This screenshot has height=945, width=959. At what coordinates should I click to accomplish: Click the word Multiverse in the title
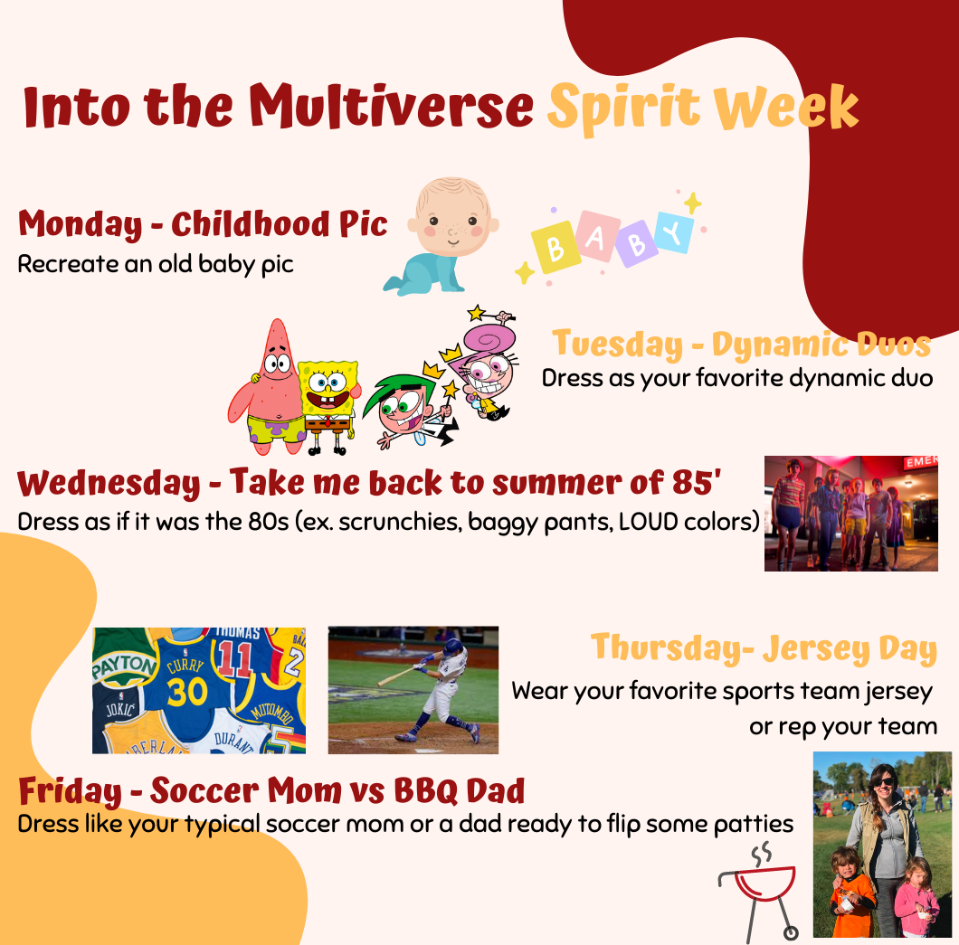click(x=392, y=106)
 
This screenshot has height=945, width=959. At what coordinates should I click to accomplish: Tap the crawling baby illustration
click(x=442, y=236)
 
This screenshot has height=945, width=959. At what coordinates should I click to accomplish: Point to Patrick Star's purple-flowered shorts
click(x=277, y=429)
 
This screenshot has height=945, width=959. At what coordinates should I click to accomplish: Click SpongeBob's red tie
click(x=328, y=421)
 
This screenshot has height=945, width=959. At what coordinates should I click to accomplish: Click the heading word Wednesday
click(x=109, y=484)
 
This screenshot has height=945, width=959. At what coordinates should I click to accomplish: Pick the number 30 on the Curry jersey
click(x=186, y=693)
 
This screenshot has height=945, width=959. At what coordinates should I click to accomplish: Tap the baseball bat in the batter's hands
click(x=397, y=676)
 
